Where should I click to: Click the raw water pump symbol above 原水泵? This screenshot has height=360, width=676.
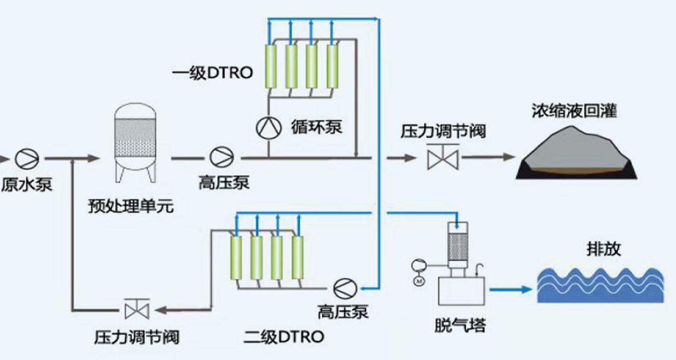(27, 158)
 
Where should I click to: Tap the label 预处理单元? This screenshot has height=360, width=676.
(131, 206)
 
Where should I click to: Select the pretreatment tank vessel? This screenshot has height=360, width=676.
(135, 143)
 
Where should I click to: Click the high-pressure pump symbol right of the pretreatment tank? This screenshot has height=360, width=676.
(221, 158)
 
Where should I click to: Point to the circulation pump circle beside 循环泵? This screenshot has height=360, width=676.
(268, 127)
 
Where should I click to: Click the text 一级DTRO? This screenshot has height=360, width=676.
(212, 72)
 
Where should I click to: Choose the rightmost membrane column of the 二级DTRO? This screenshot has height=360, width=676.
(297, 257)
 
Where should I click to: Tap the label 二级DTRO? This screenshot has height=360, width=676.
(283, 336)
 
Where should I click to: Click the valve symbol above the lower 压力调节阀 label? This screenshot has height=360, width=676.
(137, 309)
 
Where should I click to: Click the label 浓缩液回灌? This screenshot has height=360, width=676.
(574, 111)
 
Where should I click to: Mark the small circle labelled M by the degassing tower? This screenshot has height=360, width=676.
(419, 281)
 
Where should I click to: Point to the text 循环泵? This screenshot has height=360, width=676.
(317, 127)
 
